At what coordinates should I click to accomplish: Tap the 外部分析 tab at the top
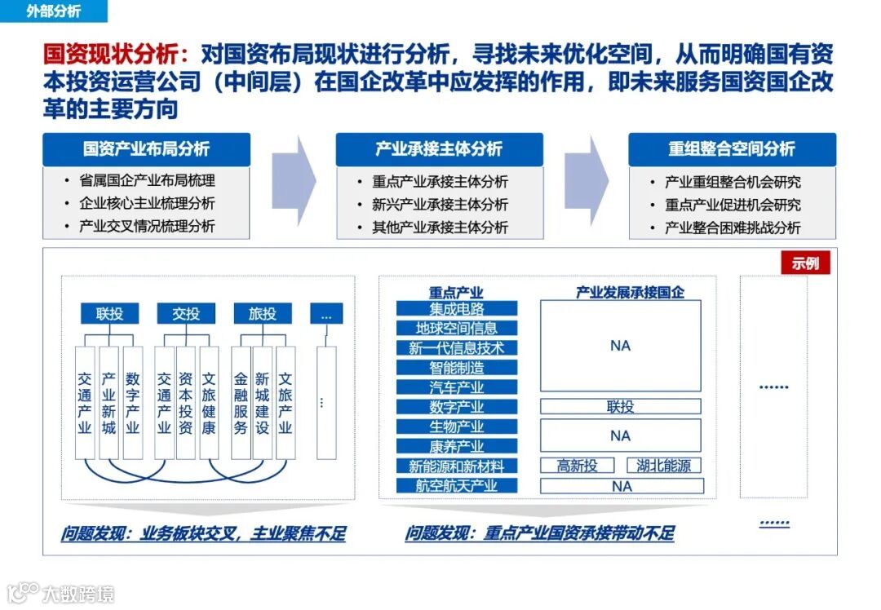tap(54, 12)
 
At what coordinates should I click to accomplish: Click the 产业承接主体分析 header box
tap(439, 149)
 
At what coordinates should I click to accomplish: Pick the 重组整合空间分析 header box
tap(732, 149)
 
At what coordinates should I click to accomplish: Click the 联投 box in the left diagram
tap(109, 313)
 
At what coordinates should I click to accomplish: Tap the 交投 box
tap(186, 313)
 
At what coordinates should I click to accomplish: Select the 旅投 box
tap(263, 313)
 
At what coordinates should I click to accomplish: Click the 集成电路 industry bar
tap(457, 308)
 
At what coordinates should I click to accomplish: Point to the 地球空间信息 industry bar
tap(457, 328)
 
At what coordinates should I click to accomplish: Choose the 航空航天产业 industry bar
tap(457, 486)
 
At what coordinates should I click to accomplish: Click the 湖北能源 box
tap(663, 466)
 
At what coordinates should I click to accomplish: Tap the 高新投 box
tap(578, 466)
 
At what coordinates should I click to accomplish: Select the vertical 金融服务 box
tap(240, 403)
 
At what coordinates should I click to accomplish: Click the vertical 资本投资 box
tap(186, 403)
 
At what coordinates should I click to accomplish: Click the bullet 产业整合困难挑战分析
tap(733, 228)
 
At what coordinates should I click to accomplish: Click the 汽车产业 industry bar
tap(457, 387)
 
